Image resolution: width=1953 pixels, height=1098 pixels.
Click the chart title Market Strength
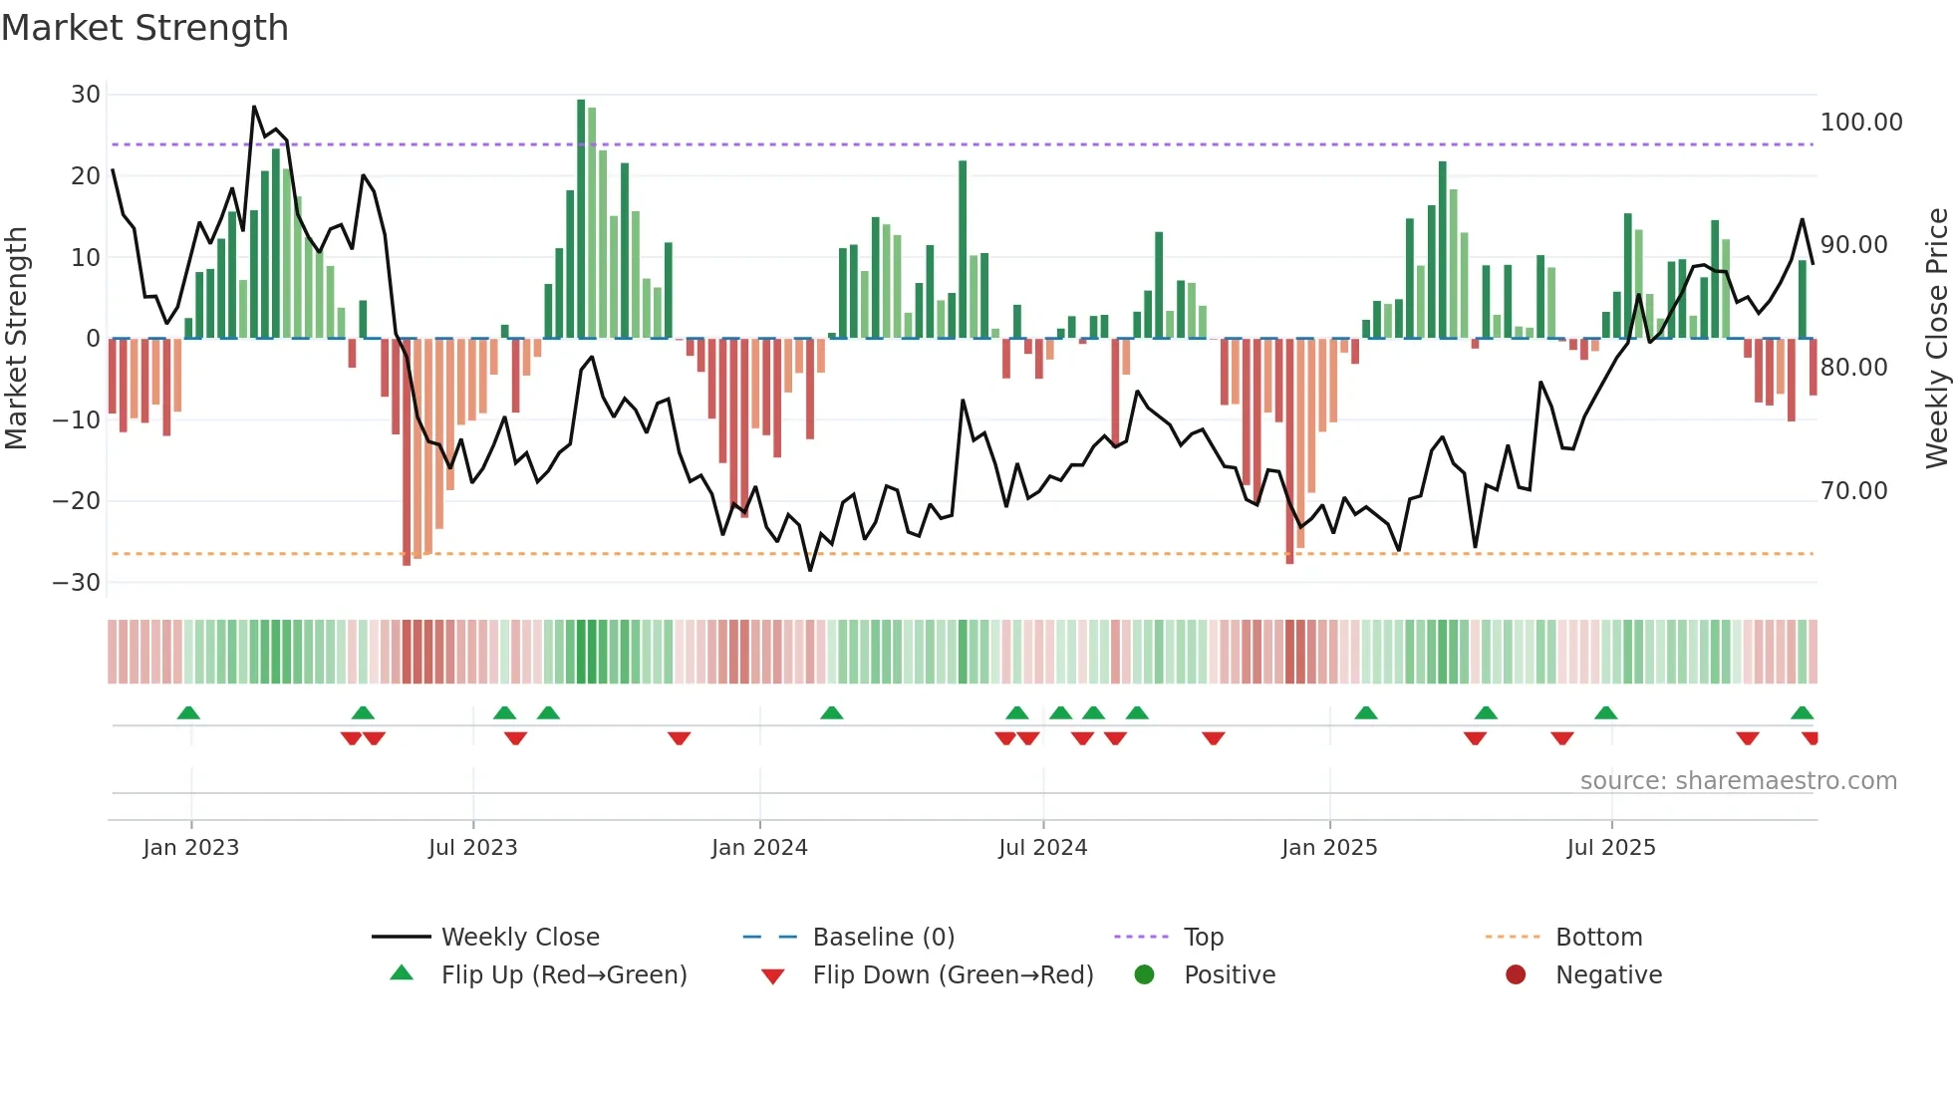coord(144,28)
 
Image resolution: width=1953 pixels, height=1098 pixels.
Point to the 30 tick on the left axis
coord(86,95)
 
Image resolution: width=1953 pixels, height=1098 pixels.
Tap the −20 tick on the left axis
coord(78,501)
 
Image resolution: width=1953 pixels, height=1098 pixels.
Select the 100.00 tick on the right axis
coord(1860,123)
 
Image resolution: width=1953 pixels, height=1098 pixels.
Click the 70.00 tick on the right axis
coord(1853,491)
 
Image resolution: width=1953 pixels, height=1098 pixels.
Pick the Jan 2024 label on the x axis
coord(759,848)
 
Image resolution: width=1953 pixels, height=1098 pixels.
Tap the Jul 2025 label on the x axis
coord(1610,848)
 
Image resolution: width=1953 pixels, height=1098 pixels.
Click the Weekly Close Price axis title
coord(1936,339)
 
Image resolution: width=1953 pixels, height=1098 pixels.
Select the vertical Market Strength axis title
coord(16,339)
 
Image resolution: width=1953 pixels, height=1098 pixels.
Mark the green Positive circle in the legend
coord(1144,975)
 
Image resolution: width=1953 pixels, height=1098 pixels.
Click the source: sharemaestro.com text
coord(1738,781)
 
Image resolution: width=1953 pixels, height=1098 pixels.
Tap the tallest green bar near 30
coord(581,219)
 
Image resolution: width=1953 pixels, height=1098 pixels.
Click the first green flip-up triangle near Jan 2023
coord(188,712)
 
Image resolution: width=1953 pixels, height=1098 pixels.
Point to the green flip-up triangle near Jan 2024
coord(831,712)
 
